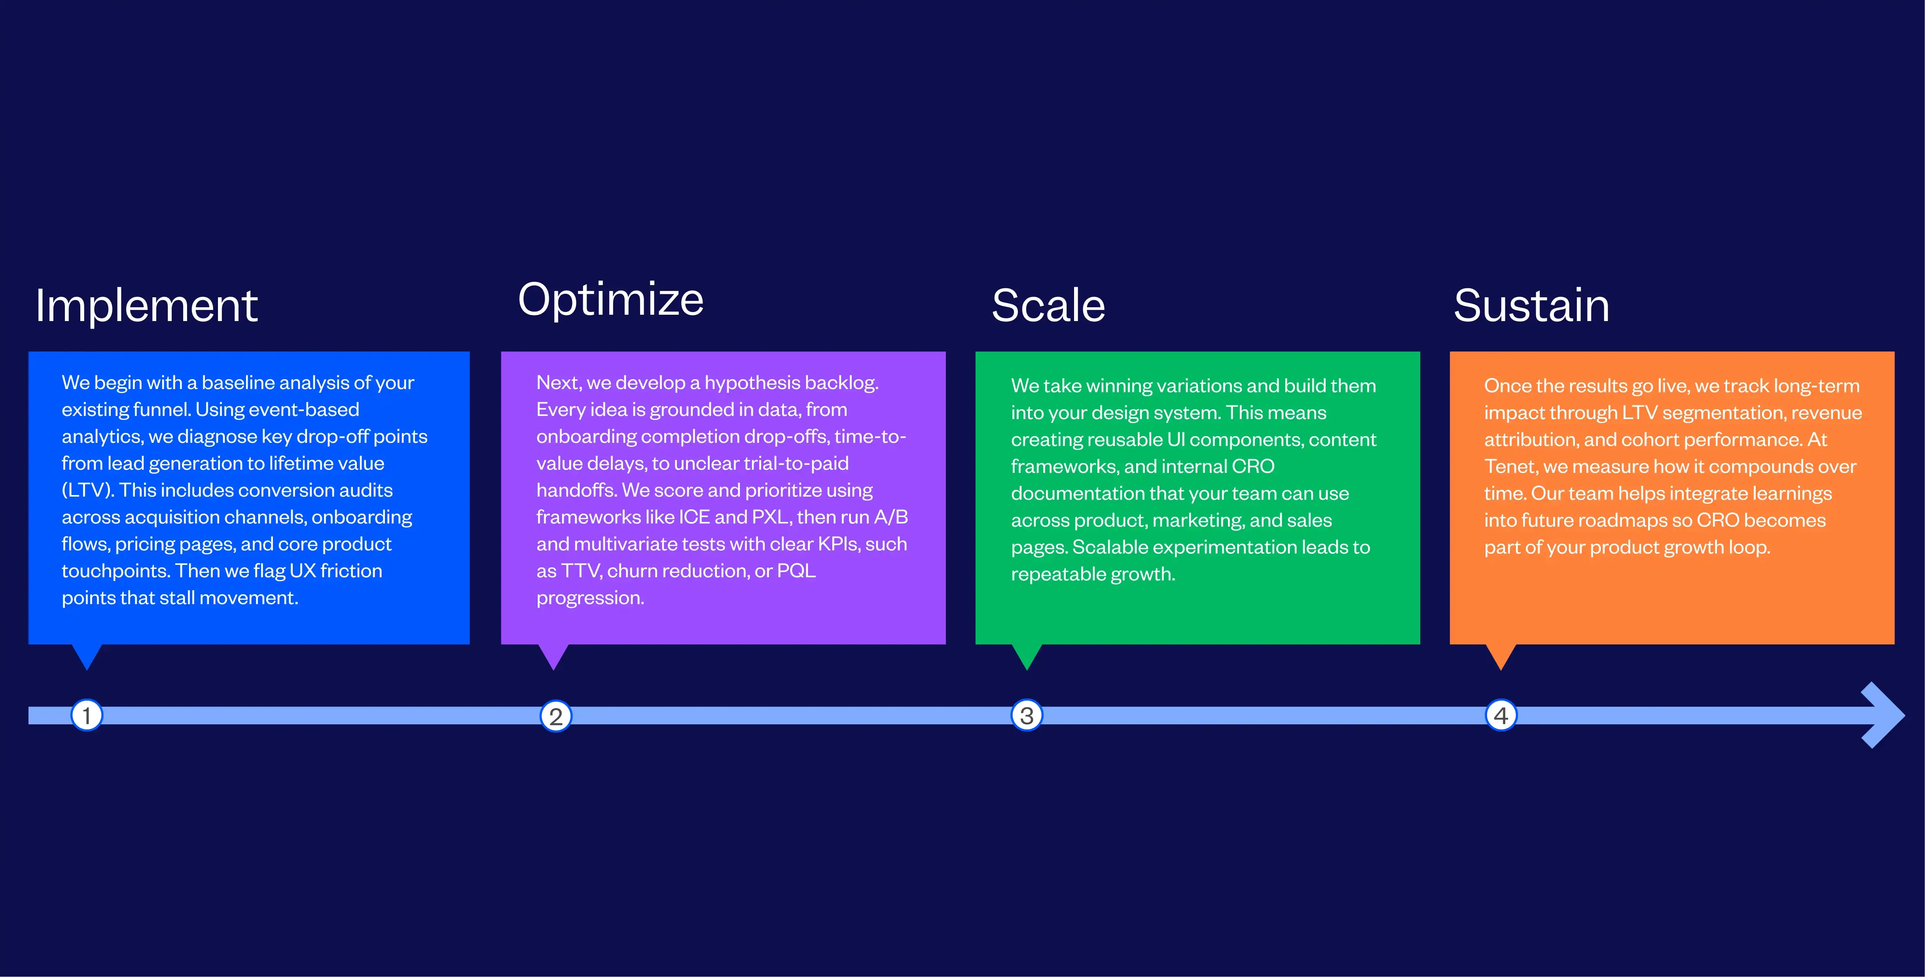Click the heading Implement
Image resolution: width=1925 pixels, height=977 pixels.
146,306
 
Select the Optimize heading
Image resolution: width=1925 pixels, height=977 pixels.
610,300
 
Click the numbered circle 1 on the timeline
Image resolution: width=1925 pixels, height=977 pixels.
87,716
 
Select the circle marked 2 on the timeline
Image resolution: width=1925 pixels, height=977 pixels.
555,716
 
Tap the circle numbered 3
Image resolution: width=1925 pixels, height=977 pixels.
1027,716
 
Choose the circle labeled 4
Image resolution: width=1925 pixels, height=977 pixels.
1501,716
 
